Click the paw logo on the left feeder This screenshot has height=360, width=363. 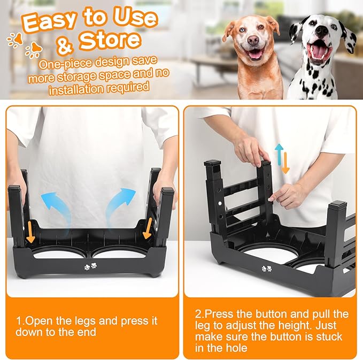[90, 265]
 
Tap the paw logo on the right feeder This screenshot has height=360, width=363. [266, 269]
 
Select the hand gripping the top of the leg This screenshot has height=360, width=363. [250, 149]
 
